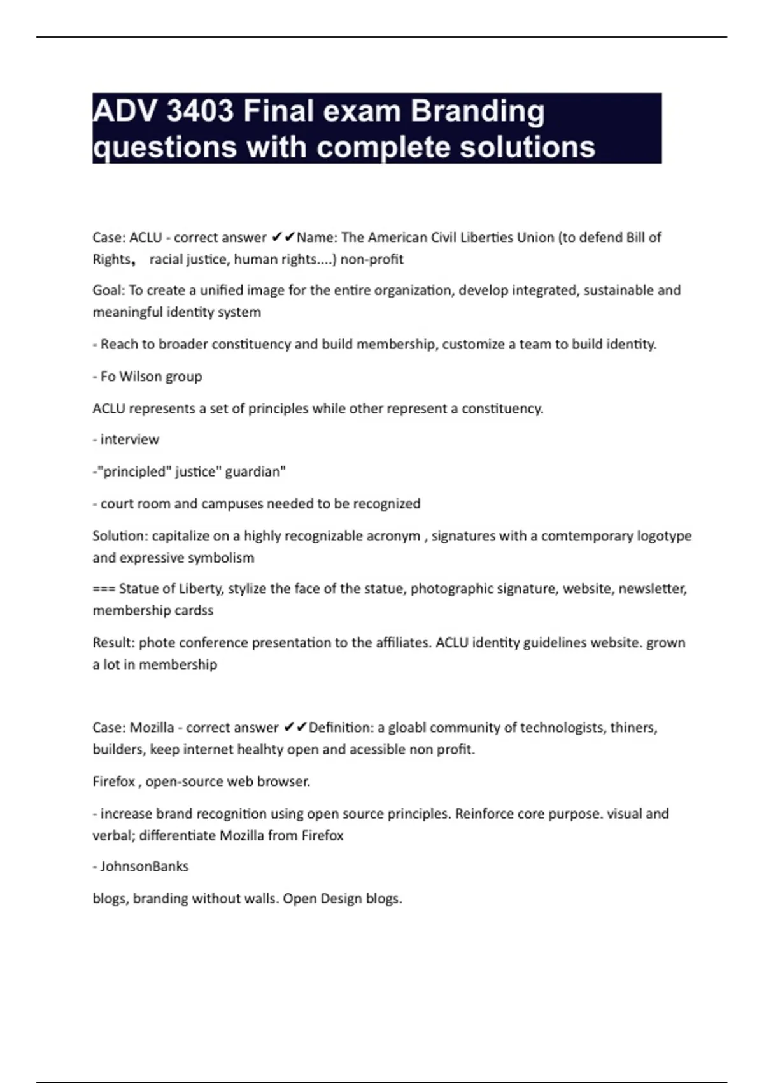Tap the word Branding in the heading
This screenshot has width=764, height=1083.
click(478, 111)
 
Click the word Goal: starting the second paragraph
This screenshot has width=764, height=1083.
click(109, 290)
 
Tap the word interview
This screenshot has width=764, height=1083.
click(130, 440)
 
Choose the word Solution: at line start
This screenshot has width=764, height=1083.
click(120, 536)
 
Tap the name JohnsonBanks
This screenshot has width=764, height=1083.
click(145, 866)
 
